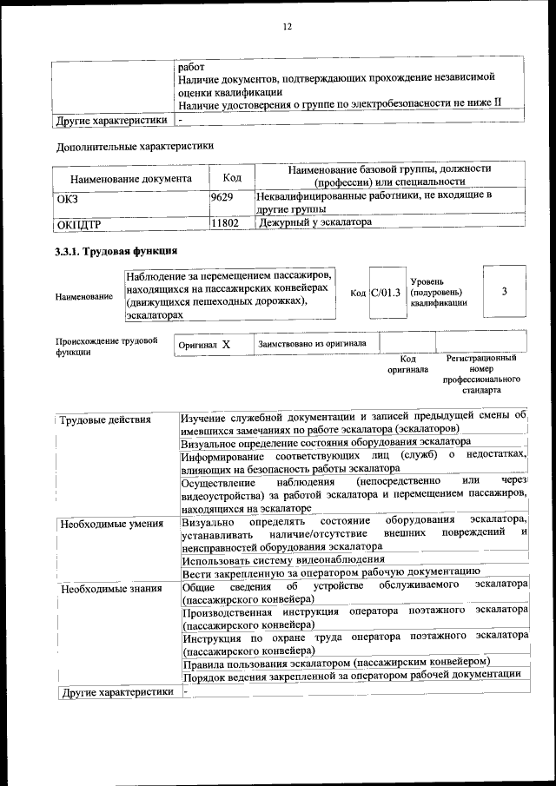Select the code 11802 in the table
pyautogui.click(x=224, y=223)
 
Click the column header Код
pyautogui.click(x=232, y=176)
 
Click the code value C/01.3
pyautogui.click(x=385, y=292)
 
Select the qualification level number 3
pyautogui.click(x=504, y=291)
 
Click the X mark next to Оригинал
pyautogui.click(x=226, y=345)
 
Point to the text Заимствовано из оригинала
pyautogui.click(x=312, y=344)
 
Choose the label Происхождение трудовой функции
pyautogui.click(x=106, y=347)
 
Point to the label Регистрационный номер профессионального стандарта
pyautogui.click(x=480, y=374)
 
